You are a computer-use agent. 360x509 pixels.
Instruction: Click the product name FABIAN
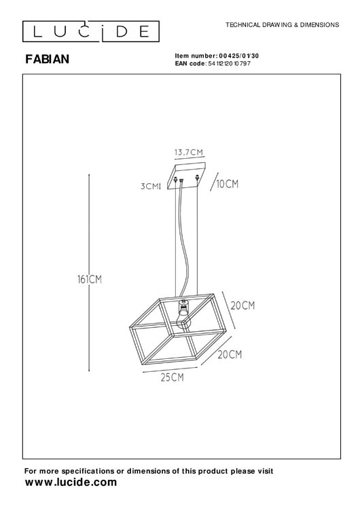click(48, 59)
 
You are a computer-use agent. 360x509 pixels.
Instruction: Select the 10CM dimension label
click(227, 184)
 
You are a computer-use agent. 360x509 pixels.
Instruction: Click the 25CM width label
click(172, 377)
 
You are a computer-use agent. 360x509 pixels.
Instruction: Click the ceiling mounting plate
click(187, 170)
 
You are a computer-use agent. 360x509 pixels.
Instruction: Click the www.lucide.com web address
click(71, 482)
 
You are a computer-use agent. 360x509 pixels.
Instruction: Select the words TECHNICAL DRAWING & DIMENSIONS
click(283, 24)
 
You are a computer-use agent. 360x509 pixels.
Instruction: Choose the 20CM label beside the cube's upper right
click(242, 306)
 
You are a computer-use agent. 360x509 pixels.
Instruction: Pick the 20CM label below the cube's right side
click(230, 354)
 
